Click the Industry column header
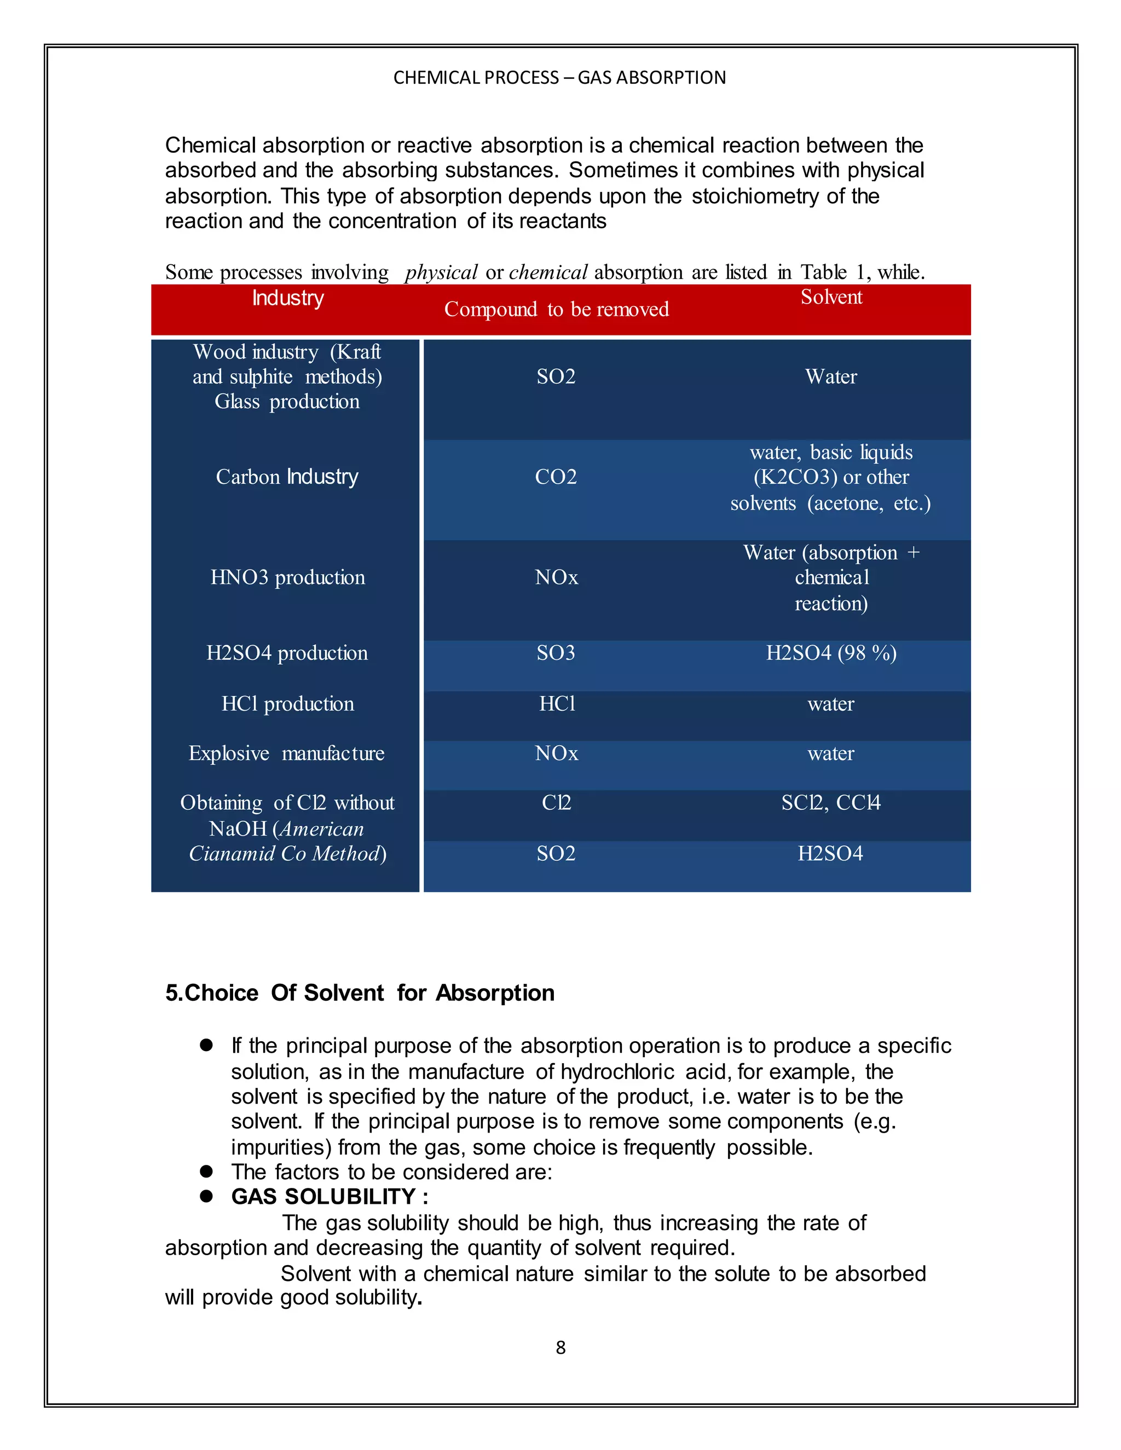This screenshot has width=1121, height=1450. (287, 298)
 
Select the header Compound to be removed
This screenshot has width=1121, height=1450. (556, 309)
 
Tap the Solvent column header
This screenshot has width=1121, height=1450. (831, 298)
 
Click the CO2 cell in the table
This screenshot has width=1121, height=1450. (556, 477)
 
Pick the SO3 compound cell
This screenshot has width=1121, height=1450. (556, 653)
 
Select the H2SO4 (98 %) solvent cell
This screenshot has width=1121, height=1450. (831, 653)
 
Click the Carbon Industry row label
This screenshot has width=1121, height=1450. (287, 477)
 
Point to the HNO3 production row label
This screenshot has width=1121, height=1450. (287, 578)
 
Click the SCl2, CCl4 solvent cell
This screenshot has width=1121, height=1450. (831, 803)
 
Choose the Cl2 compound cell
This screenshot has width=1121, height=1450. (556, 803)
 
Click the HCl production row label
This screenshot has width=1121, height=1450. (287, 704)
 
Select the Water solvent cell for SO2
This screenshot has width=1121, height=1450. (831, 377)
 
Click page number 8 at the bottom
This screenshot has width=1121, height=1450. (560, 1348)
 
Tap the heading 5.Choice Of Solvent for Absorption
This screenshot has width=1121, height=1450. (359, 993)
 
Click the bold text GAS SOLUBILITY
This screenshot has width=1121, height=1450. (323, 1197)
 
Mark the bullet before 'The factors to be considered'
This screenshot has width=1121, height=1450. (206, 1172)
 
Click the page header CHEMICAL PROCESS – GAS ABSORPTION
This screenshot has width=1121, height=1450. (559, 78)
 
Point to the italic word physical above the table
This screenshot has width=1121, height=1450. (441, 272)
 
